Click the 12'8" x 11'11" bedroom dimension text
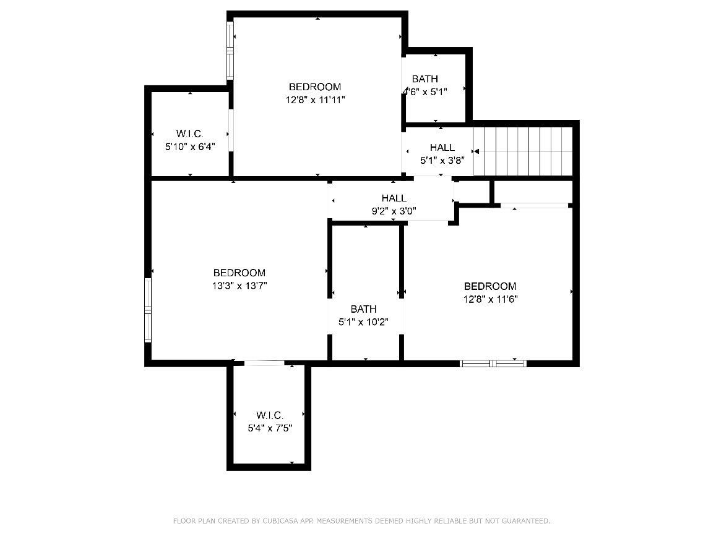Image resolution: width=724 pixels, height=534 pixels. (x=316, y=100)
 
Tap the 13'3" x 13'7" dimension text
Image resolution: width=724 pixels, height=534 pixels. (x=239, y=286)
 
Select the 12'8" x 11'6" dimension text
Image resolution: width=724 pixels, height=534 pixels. (x=490, y=299)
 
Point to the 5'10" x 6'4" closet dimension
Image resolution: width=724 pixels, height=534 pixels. (x=190, y=147)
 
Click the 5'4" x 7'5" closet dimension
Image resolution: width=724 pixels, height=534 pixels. (x=270, y=428)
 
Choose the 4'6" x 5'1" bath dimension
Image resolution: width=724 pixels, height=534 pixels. (x=424, y=91)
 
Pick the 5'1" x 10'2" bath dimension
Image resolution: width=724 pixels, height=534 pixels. (x=363, y=322)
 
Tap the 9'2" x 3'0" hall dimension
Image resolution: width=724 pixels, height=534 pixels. (x=394, y=211)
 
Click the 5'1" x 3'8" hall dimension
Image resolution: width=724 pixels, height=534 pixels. (x=442, y=161)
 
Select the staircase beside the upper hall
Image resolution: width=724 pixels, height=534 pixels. (x=523, y=151)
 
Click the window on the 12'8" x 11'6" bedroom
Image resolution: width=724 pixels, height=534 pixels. (x=493, y=363)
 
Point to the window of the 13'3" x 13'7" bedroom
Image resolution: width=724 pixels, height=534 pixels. (x=149, y=310)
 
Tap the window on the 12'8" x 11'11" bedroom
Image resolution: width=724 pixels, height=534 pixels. (x=230, y=50)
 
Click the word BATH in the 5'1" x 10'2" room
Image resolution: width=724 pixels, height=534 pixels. (x=363, y=309)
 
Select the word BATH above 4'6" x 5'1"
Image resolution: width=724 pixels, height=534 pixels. (x=424, y=79)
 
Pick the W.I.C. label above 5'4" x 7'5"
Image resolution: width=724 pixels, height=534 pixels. (x=270, y=415)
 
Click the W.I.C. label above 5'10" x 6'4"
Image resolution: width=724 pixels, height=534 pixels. (x=190, y=133)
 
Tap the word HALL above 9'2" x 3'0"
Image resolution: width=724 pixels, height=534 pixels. (x=394, y=198)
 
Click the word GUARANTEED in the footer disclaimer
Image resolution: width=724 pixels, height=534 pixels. (x=526, y=521)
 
